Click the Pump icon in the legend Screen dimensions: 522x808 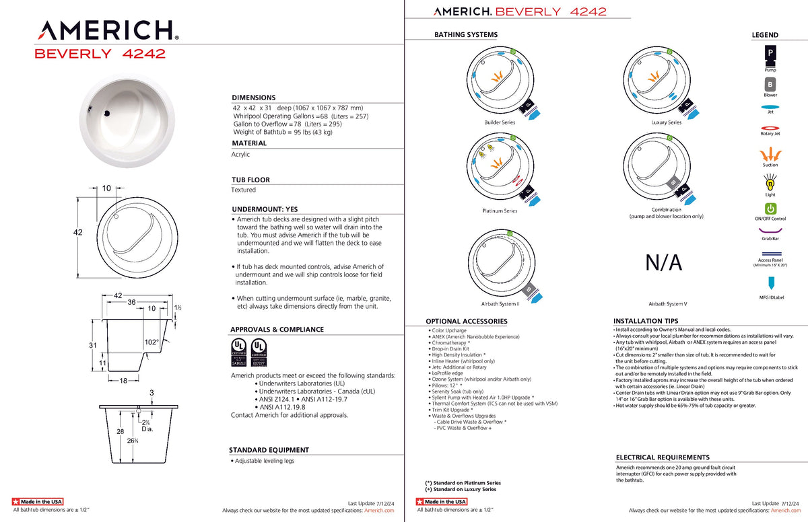[770, 53]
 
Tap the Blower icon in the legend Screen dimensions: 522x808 [770, 85]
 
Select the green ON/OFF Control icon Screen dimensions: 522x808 [770, 209]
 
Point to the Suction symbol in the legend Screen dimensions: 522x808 [770, 155]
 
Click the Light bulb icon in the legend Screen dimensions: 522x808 [770, 182]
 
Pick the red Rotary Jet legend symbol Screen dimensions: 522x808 [770, 126]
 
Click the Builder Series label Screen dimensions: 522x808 [500, 122]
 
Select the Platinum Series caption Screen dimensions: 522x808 [500, 211]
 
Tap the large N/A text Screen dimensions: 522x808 [663, 262]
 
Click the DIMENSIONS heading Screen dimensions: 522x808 [253, 98]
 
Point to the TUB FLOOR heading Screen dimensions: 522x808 [250, 180]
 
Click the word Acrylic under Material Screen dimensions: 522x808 [240, 155]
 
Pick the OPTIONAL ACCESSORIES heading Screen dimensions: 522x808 [466, 322]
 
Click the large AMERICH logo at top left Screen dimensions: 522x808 [107, 31]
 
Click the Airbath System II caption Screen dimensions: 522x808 [500, 304]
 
